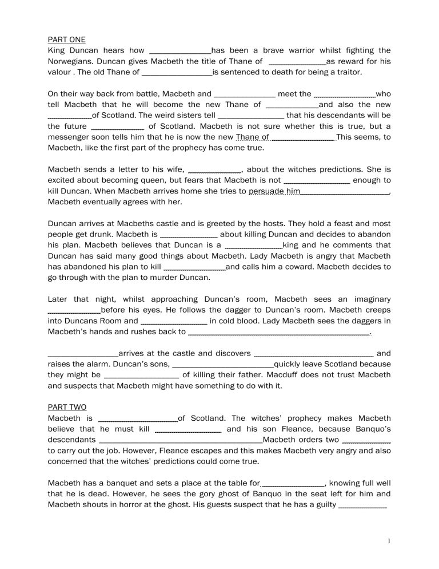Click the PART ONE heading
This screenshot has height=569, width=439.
click(67, 39)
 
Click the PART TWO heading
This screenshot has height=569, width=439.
click(67, 407)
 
